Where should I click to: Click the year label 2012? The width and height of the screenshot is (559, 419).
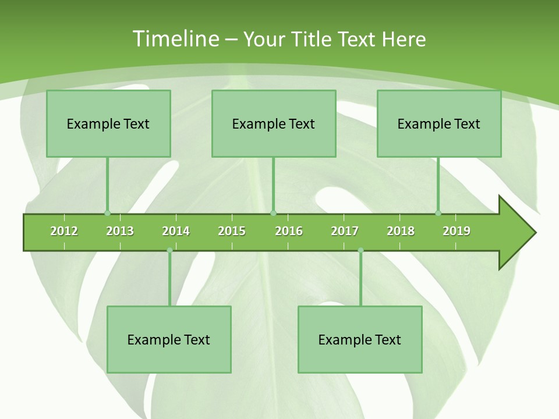tap(64, 231)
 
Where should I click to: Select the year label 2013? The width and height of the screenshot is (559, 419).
tap(120, 231)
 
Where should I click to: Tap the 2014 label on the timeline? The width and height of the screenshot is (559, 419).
tap(176, 231)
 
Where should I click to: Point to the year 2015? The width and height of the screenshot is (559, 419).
tap(232, 231)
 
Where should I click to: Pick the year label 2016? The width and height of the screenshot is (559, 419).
tap(289, 231)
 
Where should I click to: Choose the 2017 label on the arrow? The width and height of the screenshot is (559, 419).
tap(345, 231)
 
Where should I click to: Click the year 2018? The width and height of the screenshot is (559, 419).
tap(401, 231)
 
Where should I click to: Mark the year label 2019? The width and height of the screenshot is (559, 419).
tap(457, 231)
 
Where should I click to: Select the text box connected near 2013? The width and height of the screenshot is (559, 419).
tap(108, 123)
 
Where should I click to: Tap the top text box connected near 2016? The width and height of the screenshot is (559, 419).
tap(274, 123)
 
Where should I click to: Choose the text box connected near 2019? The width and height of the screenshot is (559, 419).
tap(439, 123)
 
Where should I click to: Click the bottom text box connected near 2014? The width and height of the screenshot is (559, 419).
tap(169, 339)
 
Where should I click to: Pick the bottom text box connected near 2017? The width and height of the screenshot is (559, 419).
tap(360, 339)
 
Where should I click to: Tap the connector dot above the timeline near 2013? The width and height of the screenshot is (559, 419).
tap(107, 213)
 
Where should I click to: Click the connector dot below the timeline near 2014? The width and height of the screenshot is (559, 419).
tap(169, 250)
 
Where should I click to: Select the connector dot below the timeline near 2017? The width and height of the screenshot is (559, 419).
tap(360, 250)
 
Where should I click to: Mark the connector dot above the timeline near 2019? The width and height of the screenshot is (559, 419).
tap(438, 213)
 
